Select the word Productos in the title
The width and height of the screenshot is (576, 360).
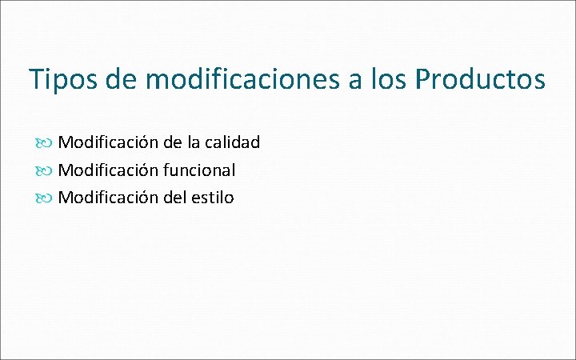pyautogui.click(x=480, y=79)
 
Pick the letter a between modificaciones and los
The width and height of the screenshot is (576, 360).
pyautogui.click(x=354, y=81)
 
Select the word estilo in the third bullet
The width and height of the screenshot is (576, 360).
pyautogui.click(x=213, y=197)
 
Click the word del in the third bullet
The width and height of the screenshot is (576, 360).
pyautogui.click(x=174, y=197)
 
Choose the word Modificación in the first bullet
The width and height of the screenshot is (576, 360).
pyautogui.click(x=107, y=142)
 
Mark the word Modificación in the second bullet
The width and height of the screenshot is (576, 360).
pyautogui.click(x=107, y=170)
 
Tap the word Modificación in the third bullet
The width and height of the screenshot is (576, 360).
pyautogui.click(x=107, y=197)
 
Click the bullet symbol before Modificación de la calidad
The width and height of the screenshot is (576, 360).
pyautogui.click(x=45, y=143)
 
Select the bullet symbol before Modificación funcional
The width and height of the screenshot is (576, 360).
pyautogui.click(x=45, y=170)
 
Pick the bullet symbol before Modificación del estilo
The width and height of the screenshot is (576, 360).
pyautogui.click(x=45, y=198)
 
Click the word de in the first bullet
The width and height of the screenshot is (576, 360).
pyautogui.click(x=171, y=142)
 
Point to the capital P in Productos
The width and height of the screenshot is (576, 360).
pyautogui.click(x=422, y=79)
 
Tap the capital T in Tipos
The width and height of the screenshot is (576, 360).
pyautogui.click(x=36, y=79)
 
